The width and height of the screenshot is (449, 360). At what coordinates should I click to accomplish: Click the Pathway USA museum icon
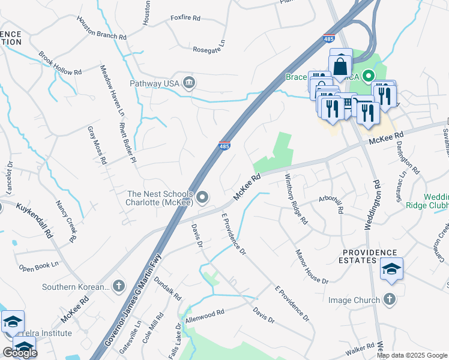pos(189,82)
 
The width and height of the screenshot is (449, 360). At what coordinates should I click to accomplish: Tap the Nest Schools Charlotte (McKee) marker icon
pos(203,197)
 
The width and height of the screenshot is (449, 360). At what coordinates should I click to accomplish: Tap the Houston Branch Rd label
pos(101,28)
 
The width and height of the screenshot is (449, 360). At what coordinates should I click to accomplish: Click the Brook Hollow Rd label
pos(60,63)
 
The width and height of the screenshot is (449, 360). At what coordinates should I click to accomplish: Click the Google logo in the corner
pos(20,353)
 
